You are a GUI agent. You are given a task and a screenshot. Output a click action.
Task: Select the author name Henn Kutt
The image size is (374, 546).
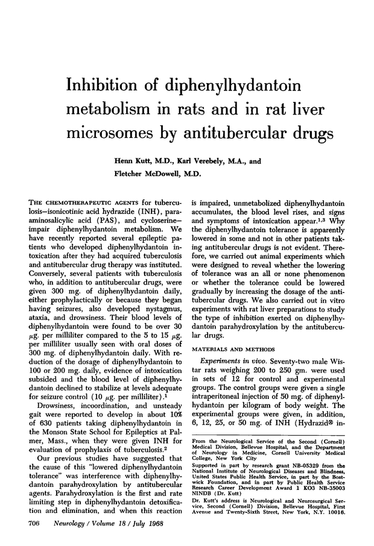[134, 161]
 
